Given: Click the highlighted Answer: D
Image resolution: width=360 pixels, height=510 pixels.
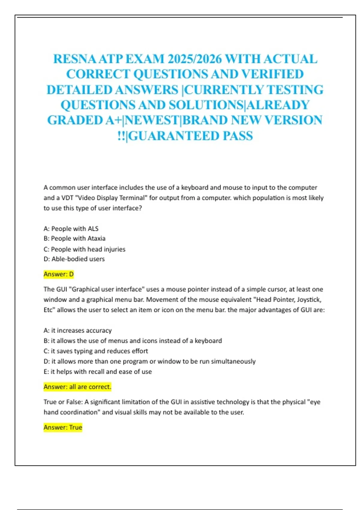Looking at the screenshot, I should pos(58,274).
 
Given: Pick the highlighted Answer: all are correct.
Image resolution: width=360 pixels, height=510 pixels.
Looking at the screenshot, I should pos(77,387).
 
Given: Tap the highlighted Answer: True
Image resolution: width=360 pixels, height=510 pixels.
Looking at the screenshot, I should pos(63,427).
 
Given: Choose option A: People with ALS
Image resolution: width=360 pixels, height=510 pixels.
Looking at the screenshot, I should pos(71,229).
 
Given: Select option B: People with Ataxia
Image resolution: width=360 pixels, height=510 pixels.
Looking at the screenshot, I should pos(74,238).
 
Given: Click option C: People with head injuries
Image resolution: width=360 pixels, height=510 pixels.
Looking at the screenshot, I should pos(84,249).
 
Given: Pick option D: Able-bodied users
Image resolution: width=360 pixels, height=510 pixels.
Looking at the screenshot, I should pos(74,259).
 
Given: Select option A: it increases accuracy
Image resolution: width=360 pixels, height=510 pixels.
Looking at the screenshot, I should pos(77,330).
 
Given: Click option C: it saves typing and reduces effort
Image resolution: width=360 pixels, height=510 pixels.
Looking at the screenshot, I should pos(96,351).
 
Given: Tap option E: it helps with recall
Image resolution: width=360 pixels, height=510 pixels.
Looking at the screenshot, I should pos(97,371).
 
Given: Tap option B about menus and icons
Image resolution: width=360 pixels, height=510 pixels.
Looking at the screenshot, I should pos(133,341).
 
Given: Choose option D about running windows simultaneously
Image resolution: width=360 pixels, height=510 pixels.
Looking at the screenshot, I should pos(149,361).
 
